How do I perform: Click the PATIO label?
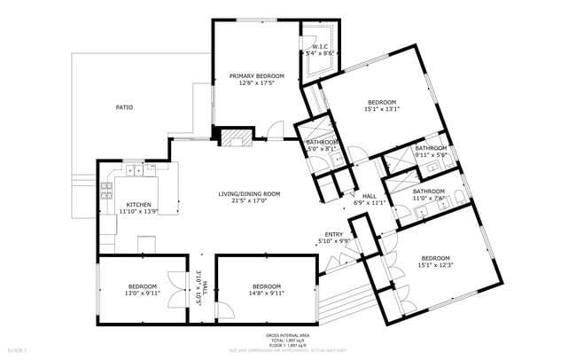click(x=124, y=107)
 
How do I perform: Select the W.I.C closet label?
click(x=319, y=46)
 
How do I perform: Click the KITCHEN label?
click(x=138, y=204)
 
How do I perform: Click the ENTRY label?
click(x=335, y=234)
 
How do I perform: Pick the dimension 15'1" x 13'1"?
click(x=382, y=109)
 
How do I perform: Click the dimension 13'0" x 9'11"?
click(x=142, y=293)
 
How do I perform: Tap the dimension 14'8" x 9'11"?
click(x=266, y=293)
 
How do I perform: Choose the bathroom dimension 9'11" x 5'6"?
click(x=431, y=155)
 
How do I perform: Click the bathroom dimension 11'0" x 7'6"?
click(x=428, y=198)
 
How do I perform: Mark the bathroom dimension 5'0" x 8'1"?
click(x=322, y=149)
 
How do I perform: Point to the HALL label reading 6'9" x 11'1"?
click(x=370, y=203)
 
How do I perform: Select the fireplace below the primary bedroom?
click(x=235, y=137)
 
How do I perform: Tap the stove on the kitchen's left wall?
click(x=106, y=188)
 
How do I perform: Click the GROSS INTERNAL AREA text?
click(x=287, y=335)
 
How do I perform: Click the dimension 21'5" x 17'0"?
click(x=249, y=200)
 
